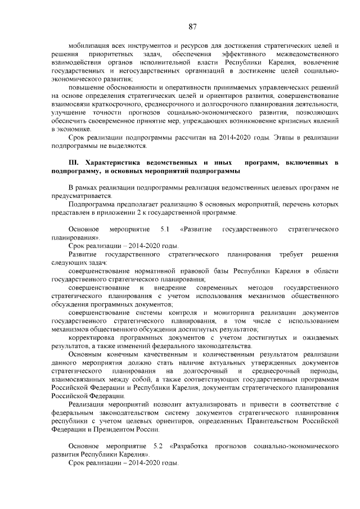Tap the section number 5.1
pyautogui.click(x=165, y=229)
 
